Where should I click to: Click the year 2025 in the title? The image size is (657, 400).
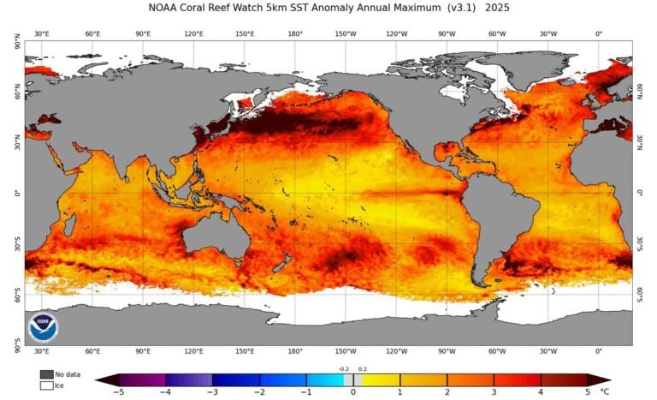pos(497,9)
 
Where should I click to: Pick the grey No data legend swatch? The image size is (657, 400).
pos(45,374)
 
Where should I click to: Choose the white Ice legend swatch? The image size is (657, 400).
pos(45,385)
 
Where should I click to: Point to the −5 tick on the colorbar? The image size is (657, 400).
pos(117,391)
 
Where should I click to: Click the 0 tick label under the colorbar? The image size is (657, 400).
pos(352,391)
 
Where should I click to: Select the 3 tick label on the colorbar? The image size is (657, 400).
pos(494,391)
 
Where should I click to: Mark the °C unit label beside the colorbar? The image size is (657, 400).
pos(606,391)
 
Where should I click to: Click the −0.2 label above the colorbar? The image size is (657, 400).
pos(343,369)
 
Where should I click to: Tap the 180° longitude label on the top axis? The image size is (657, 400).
pos(295,34)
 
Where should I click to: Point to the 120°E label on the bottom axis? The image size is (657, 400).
pos(194,351)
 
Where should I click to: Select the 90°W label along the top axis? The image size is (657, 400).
pos(447,34)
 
